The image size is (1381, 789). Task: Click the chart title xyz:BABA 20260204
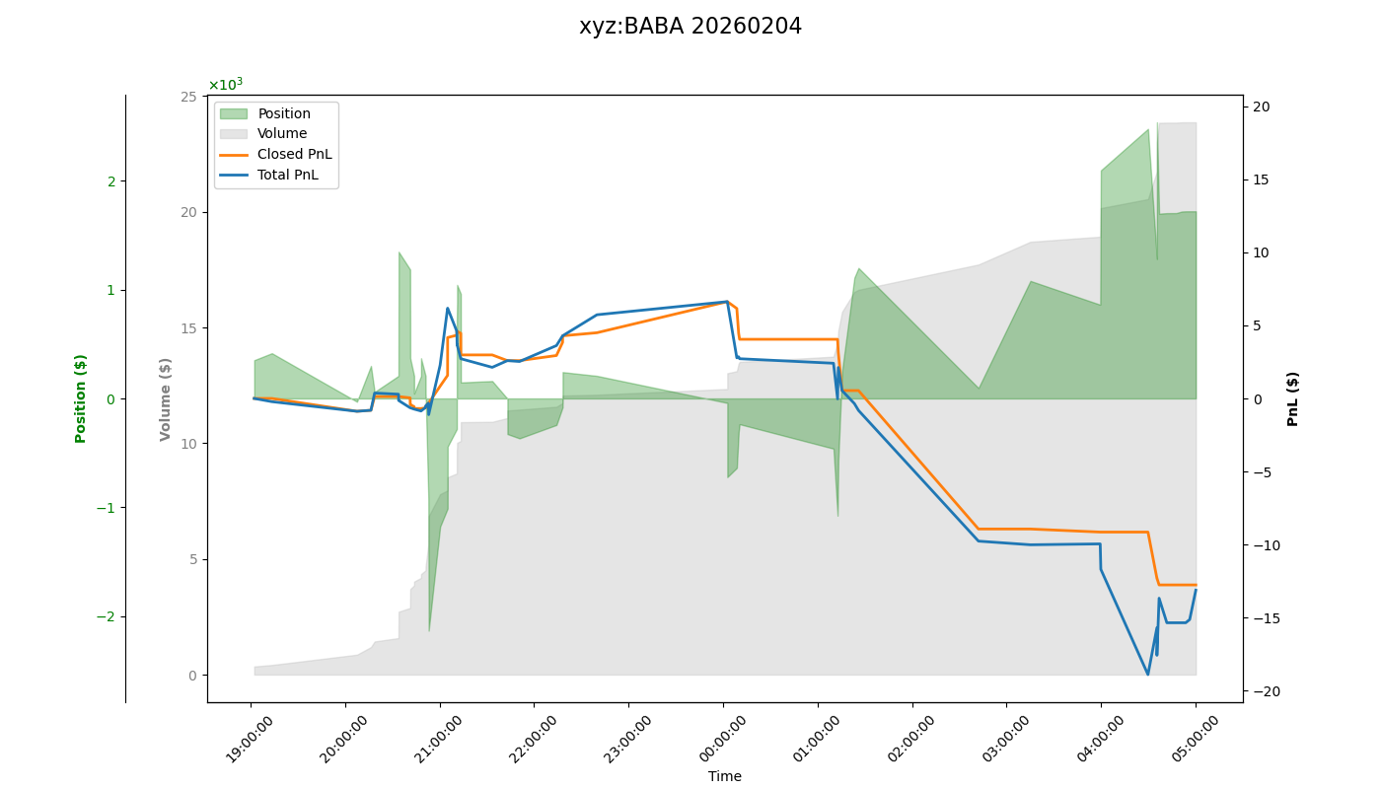coord(690,27)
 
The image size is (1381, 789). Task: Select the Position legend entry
coord(284,113)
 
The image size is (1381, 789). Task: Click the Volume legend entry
coord(282,134)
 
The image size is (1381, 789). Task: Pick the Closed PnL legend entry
coord(294,154)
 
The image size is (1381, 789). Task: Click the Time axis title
coord(724,776)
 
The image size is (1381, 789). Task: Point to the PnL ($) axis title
coord(1292,398)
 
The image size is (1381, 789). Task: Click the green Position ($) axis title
coord(81,398)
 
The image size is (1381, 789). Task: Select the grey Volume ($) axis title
coord(166,398)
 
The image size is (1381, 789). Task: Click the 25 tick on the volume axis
coord(187,97)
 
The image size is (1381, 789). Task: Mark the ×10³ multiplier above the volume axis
coord(225,85)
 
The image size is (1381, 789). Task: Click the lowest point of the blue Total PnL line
coord(1147,675)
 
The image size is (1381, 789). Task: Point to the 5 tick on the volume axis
coord(191,559)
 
